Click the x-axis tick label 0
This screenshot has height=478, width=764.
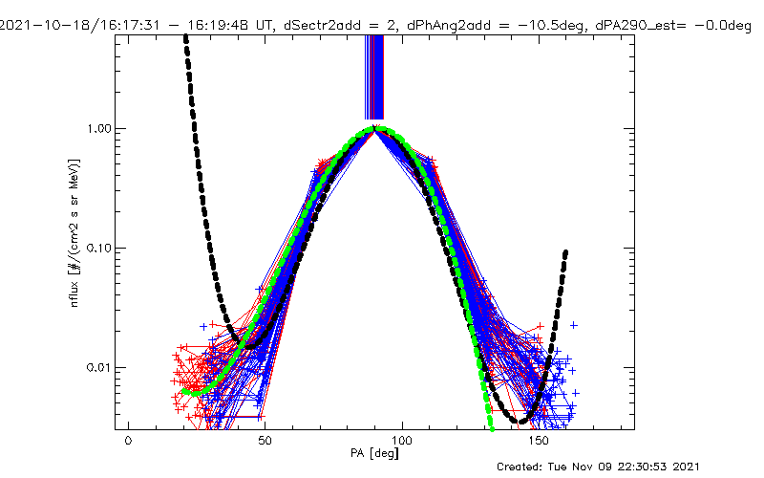[128, 444]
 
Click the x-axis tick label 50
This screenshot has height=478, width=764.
[265, 444]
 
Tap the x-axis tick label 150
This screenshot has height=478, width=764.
[541, 444]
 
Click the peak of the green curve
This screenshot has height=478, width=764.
[376, 128]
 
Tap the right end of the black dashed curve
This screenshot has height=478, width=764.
[566, 252]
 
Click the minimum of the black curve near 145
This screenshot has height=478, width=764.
[522, 421]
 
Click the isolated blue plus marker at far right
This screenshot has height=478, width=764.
[574, 325]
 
